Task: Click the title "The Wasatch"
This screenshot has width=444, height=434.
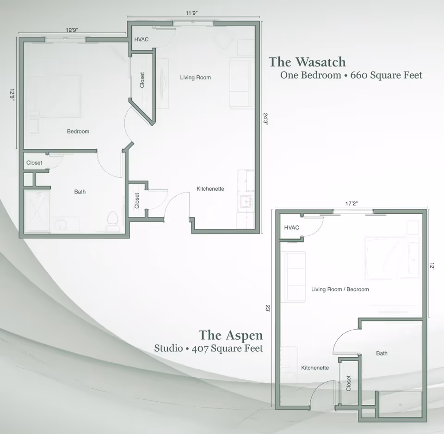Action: (x=307, y=61)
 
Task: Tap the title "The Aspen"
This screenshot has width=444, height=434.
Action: (x=231, y=335)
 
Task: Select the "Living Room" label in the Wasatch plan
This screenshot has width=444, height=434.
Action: (x=195, y=78)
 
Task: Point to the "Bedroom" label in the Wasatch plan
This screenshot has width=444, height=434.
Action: (x=78, y=132)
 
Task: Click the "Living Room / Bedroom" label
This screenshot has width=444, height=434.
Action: (x=340, y=289)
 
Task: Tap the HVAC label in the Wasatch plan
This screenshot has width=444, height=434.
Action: (x=142, y=40)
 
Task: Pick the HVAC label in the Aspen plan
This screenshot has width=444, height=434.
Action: (x=291, y=228)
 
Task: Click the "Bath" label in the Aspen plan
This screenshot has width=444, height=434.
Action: (x=382, y=354)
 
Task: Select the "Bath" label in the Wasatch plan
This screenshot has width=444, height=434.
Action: (x=80, y=192)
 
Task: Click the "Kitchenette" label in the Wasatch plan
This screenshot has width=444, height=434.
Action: (x=210, y=189)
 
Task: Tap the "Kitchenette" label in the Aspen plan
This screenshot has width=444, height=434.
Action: (x=315, y=368)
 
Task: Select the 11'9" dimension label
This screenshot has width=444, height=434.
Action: (x=191, y=13)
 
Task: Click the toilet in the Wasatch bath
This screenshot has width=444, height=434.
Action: (x=112, y=220)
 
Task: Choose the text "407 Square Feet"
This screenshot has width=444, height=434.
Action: (x=237, y=348)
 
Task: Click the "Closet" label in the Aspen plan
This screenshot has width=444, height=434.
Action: (x=349, y=383)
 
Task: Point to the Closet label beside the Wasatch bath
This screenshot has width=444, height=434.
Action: (x=34, y=163)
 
